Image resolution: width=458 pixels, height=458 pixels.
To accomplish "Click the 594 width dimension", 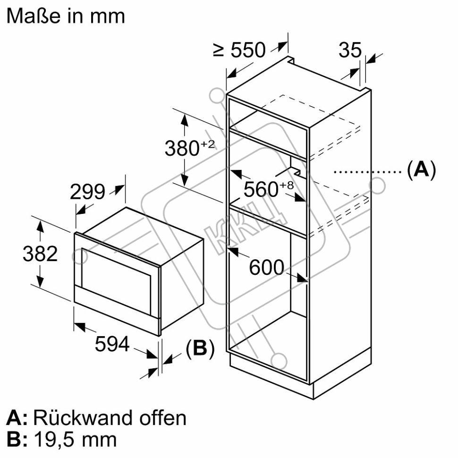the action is (112, 344).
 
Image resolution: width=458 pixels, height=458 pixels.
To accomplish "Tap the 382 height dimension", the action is (40, 254).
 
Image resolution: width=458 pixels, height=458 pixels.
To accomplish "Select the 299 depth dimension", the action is (87, 192).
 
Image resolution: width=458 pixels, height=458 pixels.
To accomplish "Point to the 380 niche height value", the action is (182, 148).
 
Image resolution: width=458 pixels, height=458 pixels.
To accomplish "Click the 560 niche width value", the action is (261, 189).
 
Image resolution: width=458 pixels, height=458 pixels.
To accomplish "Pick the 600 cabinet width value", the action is (266, 267).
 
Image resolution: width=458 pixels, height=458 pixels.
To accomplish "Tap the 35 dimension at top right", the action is (350, 50).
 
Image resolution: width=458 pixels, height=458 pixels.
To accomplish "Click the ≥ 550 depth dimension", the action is (239, 50).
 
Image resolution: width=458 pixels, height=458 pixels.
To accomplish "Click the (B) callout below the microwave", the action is (200, 348).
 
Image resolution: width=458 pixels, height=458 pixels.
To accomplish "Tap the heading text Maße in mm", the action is (66, 16).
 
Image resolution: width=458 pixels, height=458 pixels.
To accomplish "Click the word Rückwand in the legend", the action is (84, 418).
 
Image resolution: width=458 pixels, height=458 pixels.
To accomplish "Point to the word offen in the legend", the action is (163, 418).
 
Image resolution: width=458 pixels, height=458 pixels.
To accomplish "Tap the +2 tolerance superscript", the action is (208, 144).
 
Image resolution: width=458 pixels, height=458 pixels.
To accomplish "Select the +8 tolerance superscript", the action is (287, 185).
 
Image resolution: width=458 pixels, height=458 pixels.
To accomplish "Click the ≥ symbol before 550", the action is (219, 50).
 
